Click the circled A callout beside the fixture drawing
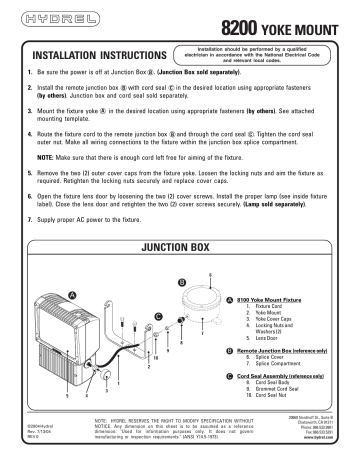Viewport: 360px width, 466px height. click(71, 292)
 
